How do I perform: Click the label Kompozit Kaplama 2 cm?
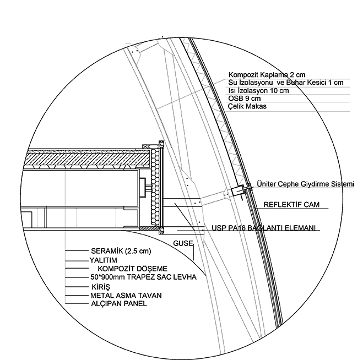[x=267, y=75]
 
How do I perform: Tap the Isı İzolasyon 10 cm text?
[x=258, y=90]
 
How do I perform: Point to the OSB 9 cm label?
[x=245, y=99]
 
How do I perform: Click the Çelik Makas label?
[x=247, y=106]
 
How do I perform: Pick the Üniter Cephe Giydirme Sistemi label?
[x=306, y=184]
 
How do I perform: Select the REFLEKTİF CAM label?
[x=291, y=205]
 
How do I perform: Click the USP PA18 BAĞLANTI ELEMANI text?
[x=264, y=228]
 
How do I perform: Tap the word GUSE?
[x=183, y=243]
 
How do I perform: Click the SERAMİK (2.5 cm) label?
[x=121, y=251]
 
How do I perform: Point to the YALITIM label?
[x=103, y=260]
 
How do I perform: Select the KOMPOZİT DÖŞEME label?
[x=132, y=269]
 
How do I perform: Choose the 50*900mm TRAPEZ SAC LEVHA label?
[x=143, y=277]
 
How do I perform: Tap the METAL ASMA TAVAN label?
[x=126, y=296]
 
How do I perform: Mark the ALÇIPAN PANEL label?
[x=119, y=303]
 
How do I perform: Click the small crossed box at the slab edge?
[x=145, y=146]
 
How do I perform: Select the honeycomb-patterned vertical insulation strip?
[x=155, y=187]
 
